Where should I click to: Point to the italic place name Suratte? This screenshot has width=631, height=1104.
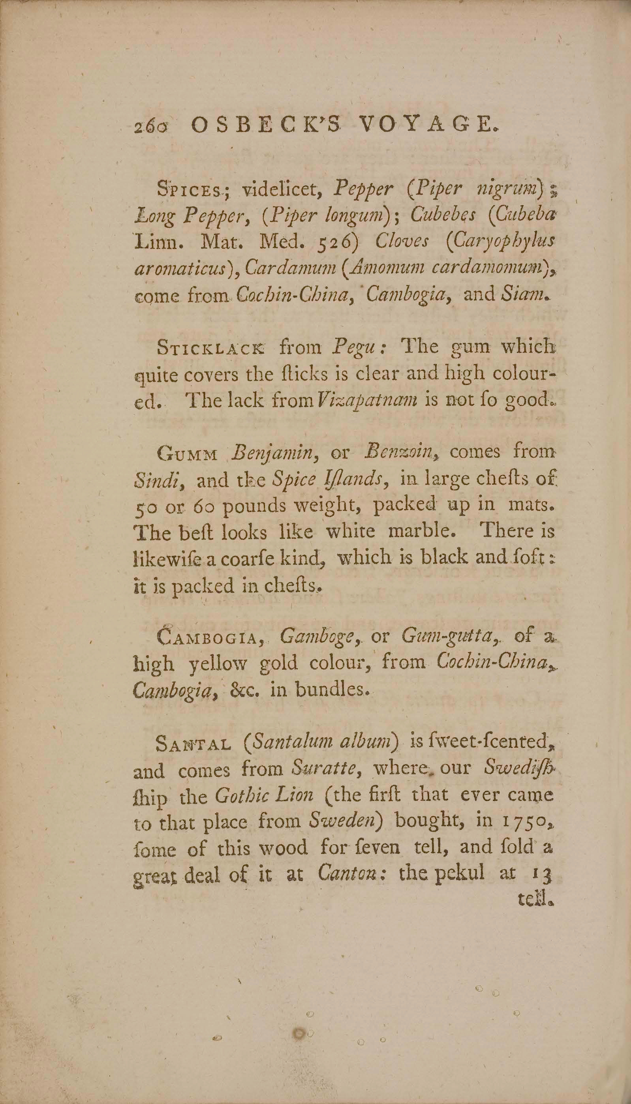tap(324, 769)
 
